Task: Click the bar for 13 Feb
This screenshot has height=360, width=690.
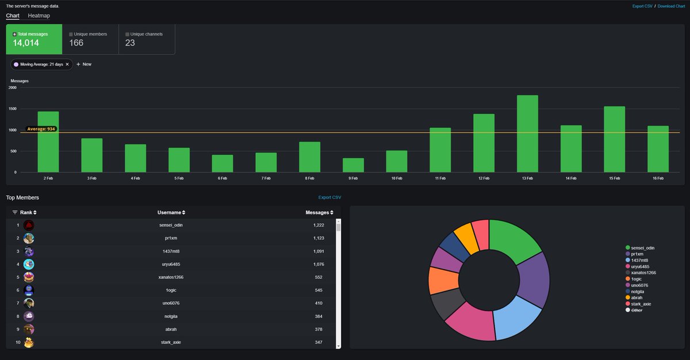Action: click(527, 134)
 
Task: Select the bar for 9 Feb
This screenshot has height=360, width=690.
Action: click(353, 165)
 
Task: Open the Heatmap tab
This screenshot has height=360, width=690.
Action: click(39, 16)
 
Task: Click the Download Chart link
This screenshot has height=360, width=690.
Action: click(672, 6)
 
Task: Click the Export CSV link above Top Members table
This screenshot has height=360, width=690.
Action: click(329, 197)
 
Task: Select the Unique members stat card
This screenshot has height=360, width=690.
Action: click(90, 39)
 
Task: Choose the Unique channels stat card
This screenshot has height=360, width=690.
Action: click(146, 39)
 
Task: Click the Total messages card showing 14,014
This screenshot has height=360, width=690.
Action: click(34, 39)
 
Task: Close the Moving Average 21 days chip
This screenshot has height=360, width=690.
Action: click(67, 64)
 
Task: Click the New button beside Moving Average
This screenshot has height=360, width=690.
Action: click(84, 64)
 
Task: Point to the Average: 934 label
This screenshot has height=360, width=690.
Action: click(41, 129)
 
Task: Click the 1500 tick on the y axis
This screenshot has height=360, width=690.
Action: click(13, 109)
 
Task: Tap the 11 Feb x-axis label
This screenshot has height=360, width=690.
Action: click(440, 178)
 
